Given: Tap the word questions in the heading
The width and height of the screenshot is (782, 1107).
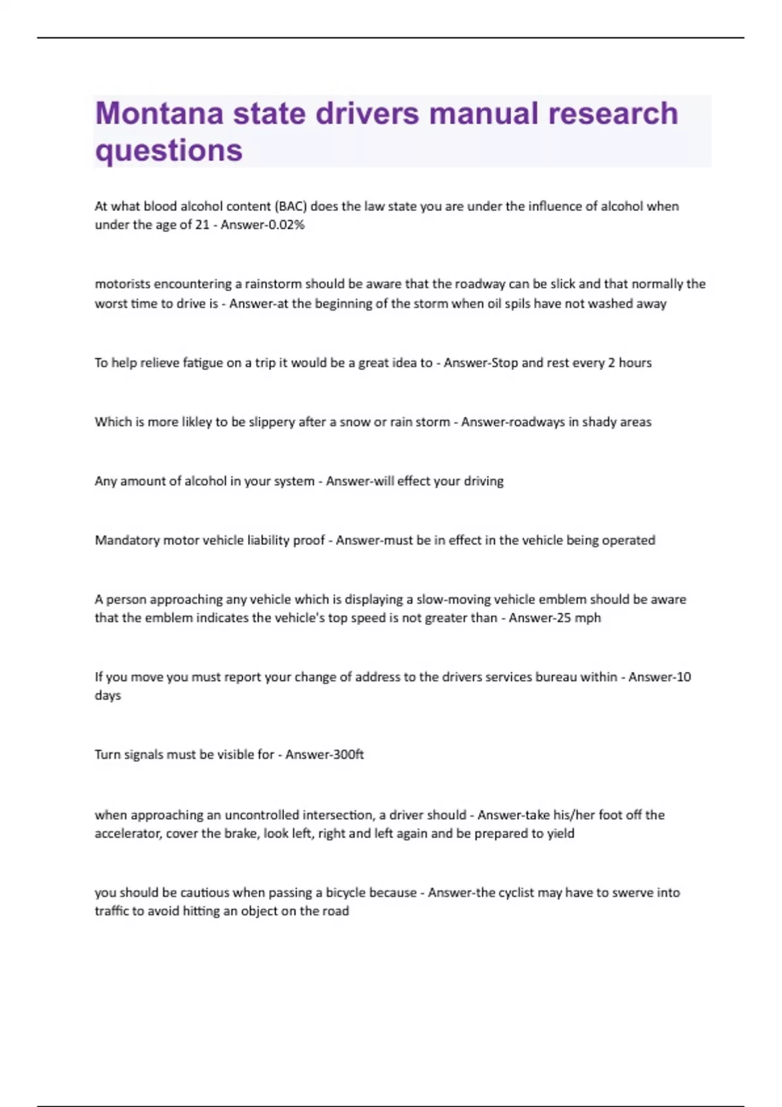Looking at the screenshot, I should click(169, 150).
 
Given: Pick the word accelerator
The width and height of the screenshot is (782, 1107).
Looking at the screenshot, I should click(128, 834).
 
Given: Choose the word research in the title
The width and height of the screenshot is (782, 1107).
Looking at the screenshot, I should click(613, 113).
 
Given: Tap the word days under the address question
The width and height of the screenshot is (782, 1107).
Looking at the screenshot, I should click(108, 695).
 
